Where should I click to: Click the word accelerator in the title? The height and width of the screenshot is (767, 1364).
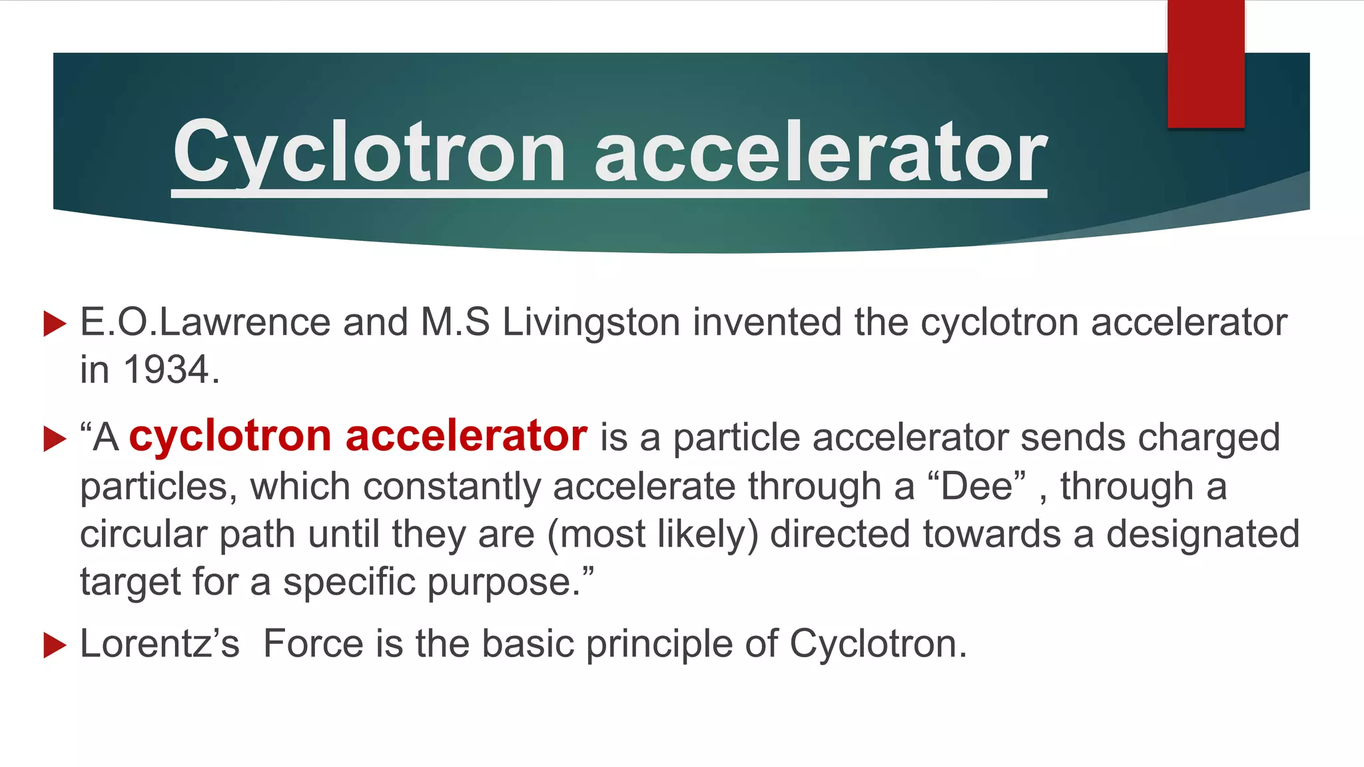pos(821,153)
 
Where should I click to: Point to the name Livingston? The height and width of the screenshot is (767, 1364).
pos(591,323)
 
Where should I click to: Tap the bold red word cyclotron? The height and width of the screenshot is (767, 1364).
pos(230,437)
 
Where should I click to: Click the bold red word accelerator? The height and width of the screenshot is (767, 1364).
pos(466,437)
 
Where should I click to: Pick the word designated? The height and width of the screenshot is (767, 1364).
pos(1203,534)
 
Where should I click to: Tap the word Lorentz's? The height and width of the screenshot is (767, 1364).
pos(160,644)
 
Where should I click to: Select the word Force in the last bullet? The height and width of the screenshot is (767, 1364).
pos(313,644)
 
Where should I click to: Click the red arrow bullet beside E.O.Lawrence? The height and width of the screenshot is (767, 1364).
pos(55,324)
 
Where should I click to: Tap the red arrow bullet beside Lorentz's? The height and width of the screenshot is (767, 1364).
pos(55,645)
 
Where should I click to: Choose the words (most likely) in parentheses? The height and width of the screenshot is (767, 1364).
pos(653,535)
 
